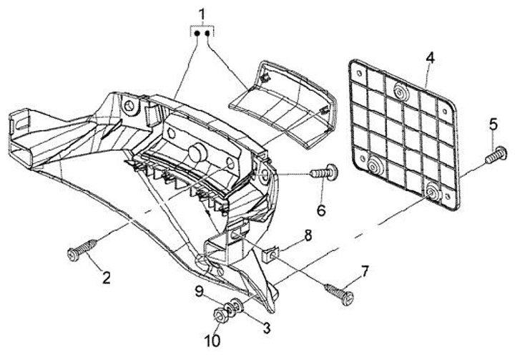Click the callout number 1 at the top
click(x=202, y=14)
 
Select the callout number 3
click(x=265, y=329)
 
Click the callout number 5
click(x=493, y=124)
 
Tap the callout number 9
click(x=201, y=291)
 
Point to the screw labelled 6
click(x=325, y=172)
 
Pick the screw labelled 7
click(x=338, y=291)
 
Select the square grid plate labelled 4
click(x=403, y=133)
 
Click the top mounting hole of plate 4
click(x=399, y=89)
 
